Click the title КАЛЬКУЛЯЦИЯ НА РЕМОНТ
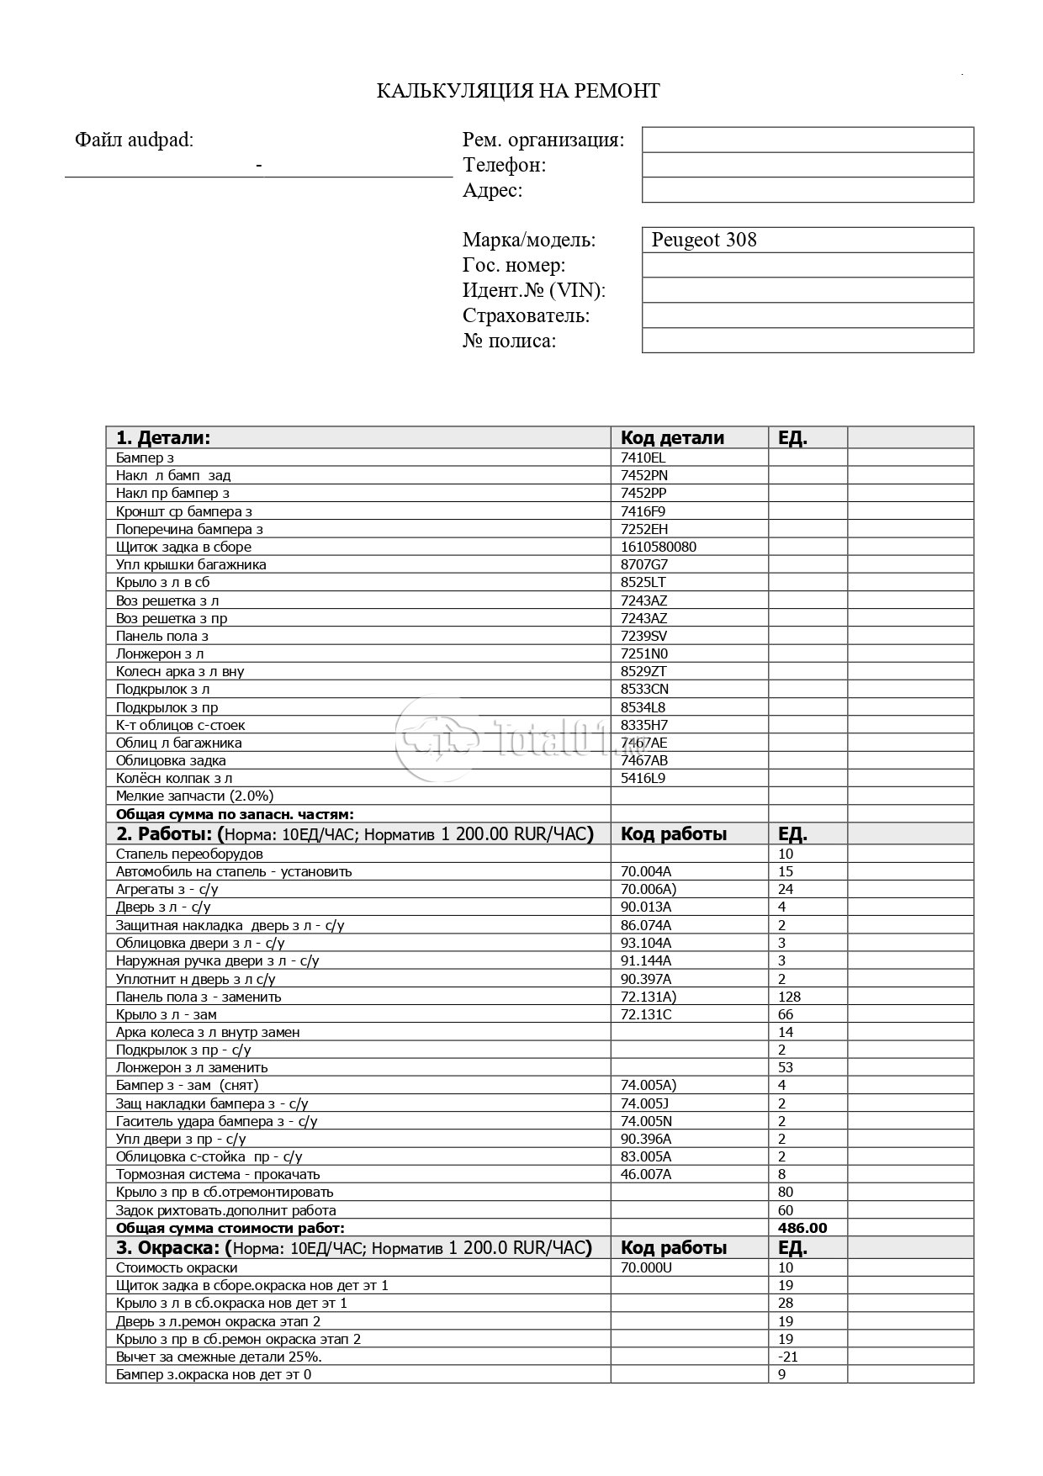tap(517, 91)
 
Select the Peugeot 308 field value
tap(704, 240)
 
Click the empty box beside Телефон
tap(807, 165)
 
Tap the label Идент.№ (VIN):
tap(534, 290)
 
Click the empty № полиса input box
tap(807, 341)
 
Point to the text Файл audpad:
tap(134, 140)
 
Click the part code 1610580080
tap(658, 547)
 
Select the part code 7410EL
tap(643, 458)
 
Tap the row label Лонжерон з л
tap(160, 653)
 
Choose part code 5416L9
tap(643, 778)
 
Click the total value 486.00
tap(802, 1228)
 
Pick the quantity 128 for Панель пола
tap(789, 997)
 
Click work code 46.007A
tap(645, 1174)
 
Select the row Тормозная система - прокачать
tap(218, 1174)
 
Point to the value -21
tap(788, 1357)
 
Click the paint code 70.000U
tap(646, 1267)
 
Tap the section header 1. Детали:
tap(163, 437)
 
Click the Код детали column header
tap(672, 437)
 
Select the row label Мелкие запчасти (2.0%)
tap(194, 796)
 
